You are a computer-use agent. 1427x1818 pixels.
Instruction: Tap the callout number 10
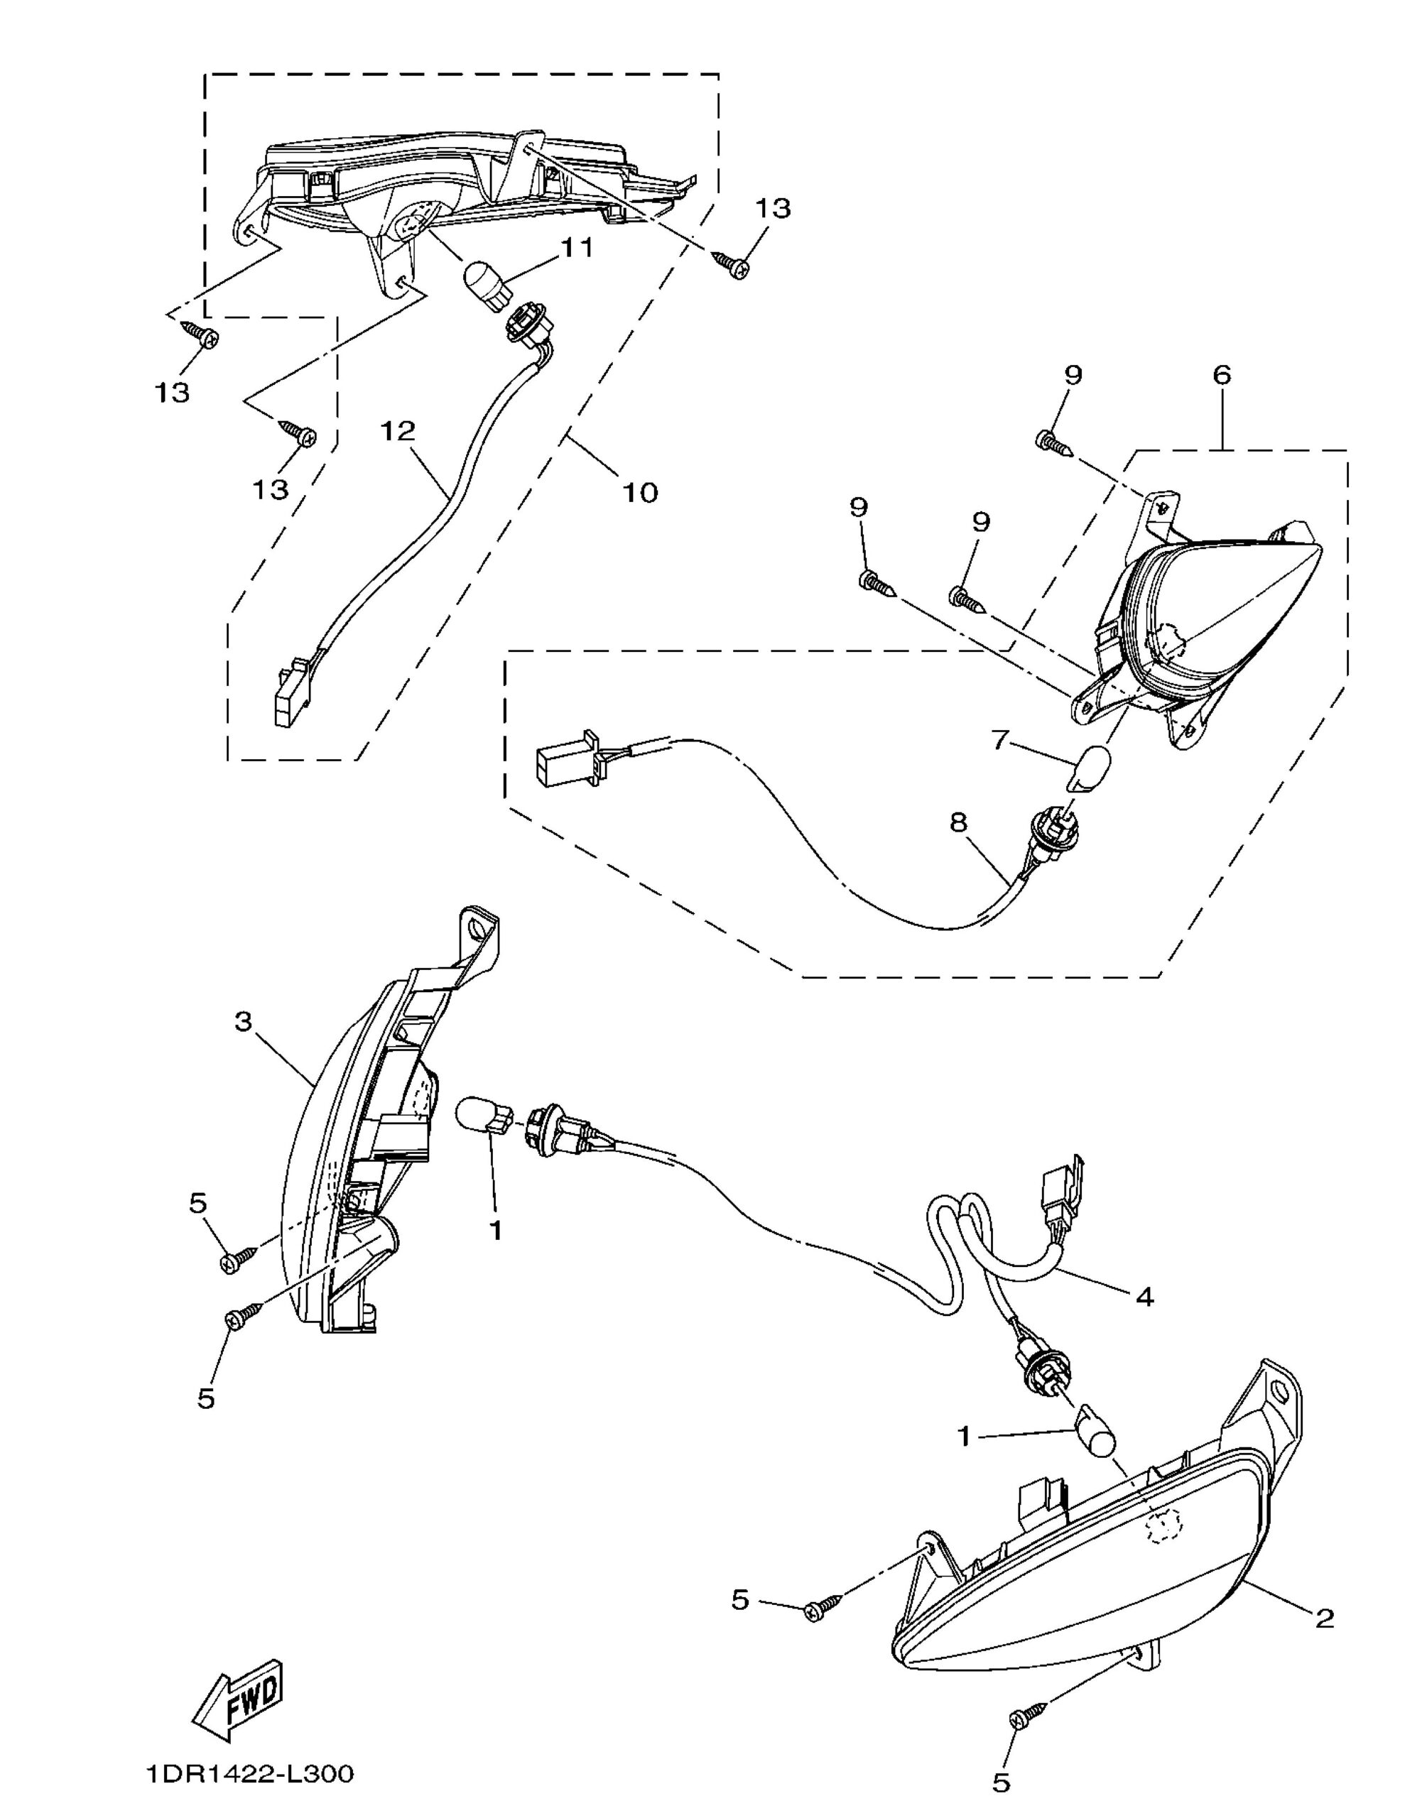coord(640,493)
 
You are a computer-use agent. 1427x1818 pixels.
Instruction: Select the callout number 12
coord(398,432)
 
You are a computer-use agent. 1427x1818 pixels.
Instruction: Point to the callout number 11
coord(577,248)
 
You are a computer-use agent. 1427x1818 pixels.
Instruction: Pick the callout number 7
coord(1000,740)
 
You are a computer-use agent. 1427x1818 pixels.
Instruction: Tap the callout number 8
coord(958,822)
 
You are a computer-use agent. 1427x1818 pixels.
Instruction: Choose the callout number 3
coord(243,1022)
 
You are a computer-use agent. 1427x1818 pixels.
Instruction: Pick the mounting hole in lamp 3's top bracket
coord(477,927)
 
